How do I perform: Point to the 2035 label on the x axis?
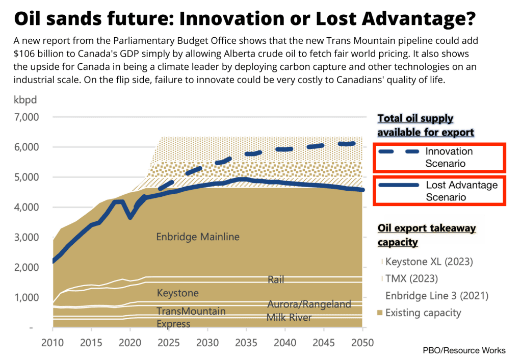[x=245, y=342]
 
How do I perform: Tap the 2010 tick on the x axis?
[x=53, y=342]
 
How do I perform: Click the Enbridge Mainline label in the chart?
[x=197, y=237]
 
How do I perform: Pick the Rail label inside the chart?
[x=276, y=279]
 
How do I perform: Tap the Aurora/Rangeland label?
[x=309, y=304]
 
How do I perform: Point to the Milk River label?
[x=289, y=318]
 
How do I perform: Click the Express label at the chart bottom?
[x=173, y=324]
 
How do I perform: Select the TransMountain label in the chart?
[x=191, y=311]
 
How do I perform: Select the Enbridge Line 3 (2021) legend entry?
[x=436, y=296]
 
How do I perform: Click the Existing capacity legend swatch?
[x=380, y=313]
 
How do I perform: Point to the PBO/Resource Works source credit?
[x=464, y=350]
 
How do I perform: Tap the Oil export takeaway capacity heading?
[x=426, y=235]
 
